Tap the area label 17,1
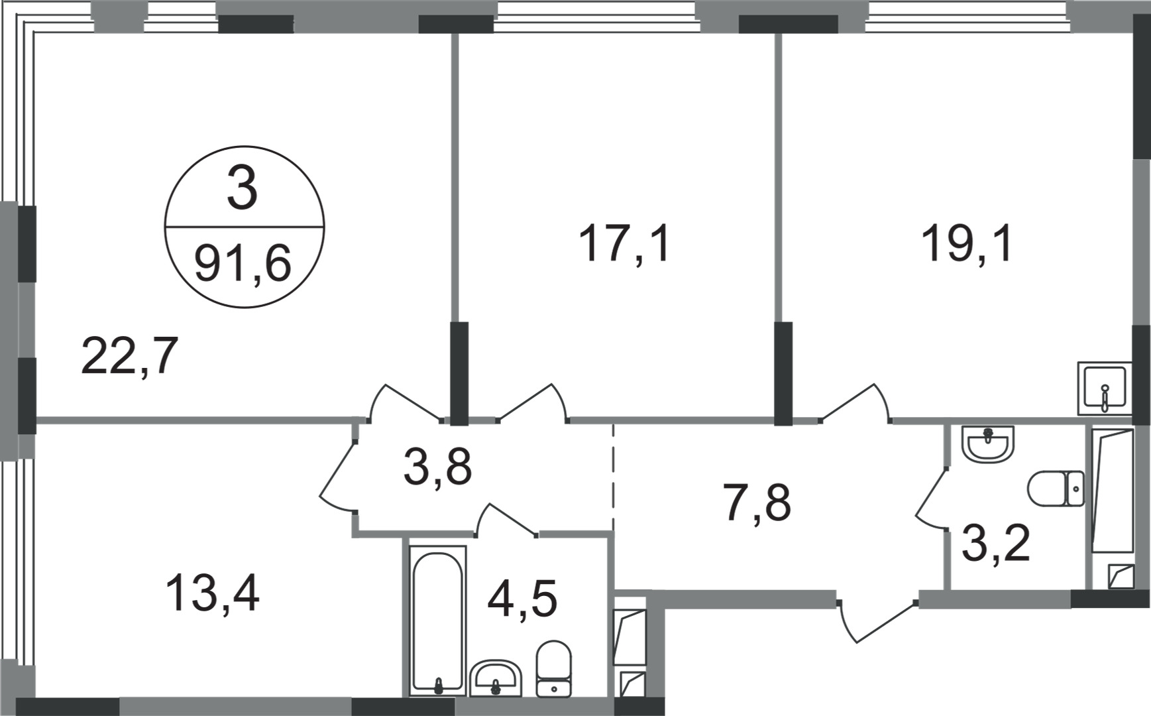624,243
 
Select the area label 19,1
967,243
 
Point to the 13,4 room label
212,593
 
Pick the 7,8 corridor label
757,502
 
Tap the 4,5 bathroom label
521,598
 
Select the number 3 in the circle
242,189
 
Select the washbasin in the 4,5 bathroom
496,678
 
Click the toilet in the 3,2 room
1056,489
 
